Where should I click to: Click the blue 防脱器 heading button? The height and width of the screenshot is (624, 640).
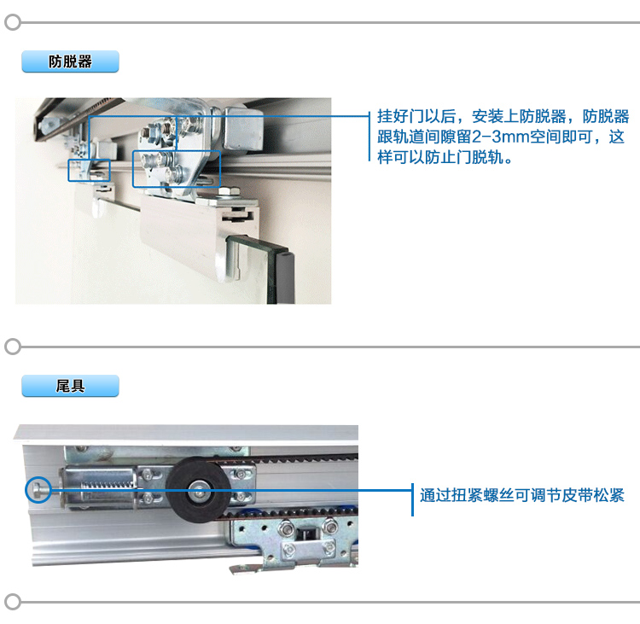(x=70, y=61)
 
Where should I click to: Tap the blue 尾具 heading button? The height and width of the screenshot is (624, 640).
(x=70, y=386)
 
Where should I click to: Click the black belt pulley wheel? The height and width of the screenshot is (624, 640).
(x=198, y=489)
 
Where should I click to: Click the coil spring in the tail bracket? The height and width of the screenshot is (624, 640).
(x=108, y=485)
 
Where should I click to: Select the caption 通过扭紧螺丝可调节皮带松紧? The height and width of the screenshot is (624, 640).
(x=522, y=495)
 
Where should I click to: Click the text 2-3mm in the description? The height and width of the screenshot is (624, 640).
(x=500, y=137)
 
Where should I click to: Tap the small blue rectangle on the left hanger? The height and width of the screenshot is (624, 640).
(x=89, y=170)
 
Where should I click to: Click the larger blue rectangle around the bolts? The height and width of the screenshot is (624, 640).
(x=177, y=169)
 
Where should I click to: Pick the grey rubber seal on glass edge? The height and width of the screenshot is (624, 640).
(x=285, y=277)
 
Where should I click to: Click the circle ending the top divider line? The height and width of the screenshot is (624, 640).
(x=13, y=22)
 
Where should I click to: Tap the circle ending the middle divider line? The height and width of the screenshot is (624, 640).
(x=13, y=347)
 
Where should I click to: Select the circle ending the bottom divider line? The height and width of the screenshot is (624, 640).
(x=13, y=602)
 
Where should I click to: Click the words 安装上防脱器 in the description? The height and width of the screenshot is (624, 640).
(x=519, y=116)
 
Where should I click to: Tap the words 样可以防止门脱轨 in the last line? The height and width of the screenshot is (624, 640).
(x=440, y=157)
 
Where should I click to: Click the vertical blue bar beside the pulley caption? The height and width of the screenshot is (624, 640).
(x=413, y=500)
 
